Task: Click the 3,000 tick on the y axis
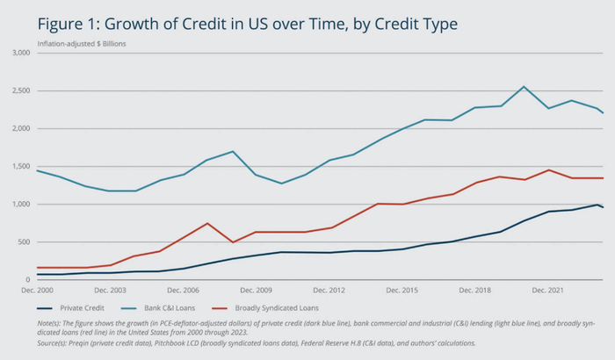pyautogui.click(x=20, y=53)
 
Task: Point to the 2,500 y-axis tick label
pyautogui.click(x=20, y=90)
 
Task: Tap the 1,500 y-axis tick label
pyautogui.click(x=20, y=167)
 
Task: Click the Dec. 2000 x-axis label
pyautogui.click(x=38, y=289)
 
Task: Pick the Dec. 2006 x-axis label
pyautogui.click(x=184, y=289)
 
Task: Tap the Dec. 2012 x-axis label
pyautogui.click(x=329, y=289)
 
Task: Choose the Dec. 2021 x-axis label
pyautogui.click(x=548, y=289)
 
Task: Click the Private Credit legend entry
pyautogui.click(x=83, y=307)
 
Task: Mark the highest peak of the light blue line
pyautogui.click(x=524, y=86)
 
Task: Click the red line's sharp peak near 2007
pyautogui.click(x=207, y=223)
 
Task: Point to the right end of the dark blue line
pyautogui.click(x=603, y=207)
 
